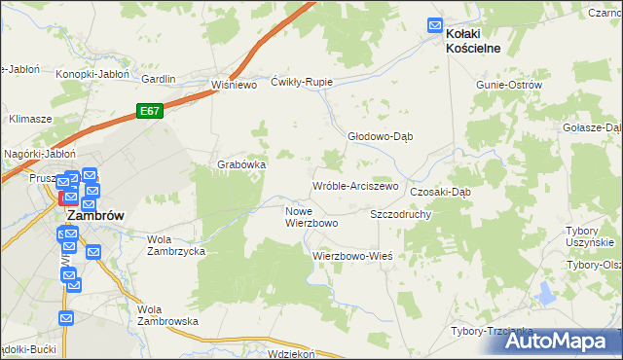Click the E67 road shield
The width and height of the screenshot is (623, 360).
(149, 111)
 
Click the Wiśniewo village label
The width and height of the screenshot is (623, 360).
(233, 85)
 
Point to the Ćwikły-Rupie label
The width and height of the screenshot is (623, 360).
(302, 82)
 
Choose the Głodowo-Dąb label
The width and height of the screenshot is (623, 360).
(381, 136)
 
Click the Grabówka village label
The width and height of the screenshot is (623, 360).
(241, 164)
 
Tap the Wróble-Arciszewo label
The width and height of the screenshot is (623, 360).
(355, 186)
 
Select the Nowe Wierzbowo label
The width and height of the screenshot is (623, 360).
(311, 216)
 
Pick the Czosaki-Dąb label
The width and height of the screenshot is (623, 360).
(440, 192)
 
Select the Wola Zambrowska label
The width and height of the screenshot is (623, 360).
(167, 314)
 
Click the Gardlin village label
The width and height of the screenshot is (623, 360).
(158, 79)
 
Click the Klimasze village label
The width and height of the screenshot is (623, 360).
(30, 118)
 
